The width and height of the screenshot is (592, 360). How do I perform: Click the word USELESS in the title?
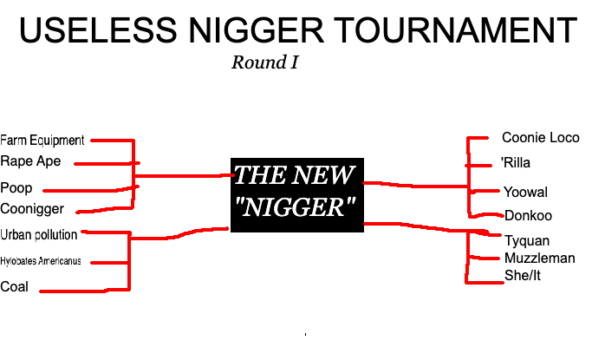pos(98,29)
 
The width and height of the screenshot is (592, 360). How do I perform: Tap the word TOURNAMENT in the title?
pos(455,29)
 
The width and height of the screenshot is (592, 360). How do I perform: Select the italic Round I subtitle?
pos(265,62)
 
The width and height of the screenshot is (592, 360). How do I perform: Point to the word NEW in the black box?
pos(322,175)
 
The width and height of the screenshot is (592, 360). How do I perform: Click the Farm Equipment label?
pos(42,141)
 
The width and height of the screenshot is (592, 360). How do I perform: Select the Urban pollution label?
pos(39,235)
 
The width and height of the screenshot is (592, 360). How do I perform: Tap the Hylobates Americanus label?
pos(41,261)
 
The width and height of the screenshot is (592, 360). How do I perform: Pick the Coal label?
pos(15,287)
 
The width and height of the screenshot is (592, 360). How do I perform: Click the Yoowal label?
pos(525,193)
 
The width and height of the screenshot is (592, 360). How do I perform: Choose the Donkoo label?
pos(528,216)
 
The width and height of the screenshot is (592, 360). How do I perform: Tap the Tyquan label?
pos(527,240)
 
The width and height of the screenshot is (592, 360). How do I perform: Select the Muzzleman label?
pos(540,259)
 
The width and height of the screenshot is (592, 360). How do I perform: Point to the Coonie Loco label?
pos(541,138)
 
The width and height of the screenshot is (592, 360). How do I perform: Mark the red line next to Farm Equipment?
pos(113,141)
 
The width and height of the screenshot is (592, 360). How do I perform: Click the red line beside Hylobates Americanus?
pos(110,263)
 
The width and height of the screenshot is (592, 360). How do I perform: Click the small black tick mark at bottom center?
pos(305,334)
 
